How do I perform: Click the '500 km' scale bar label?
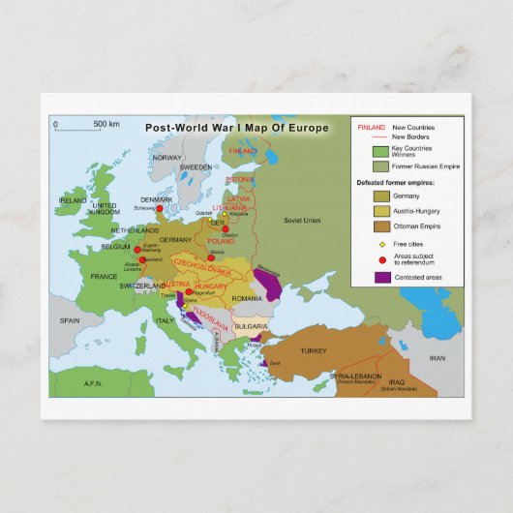(106, 124)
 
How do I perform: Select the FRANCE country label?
(104, 276)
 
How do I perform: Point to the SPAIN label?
(69, 320)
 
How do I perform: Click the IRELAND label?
(73, 200)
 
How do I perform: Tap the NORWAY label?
(167, 157)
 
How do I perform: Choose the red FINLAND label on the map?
(242, 151)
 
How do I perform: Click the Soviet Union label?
(301, 220)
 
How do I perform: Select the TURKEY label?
(315, 350)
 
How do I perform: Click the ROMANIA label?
(248, 299)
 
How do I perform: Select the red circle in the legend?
(382, 260)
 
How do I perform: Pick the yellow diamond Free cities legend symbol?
(382, 244)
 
